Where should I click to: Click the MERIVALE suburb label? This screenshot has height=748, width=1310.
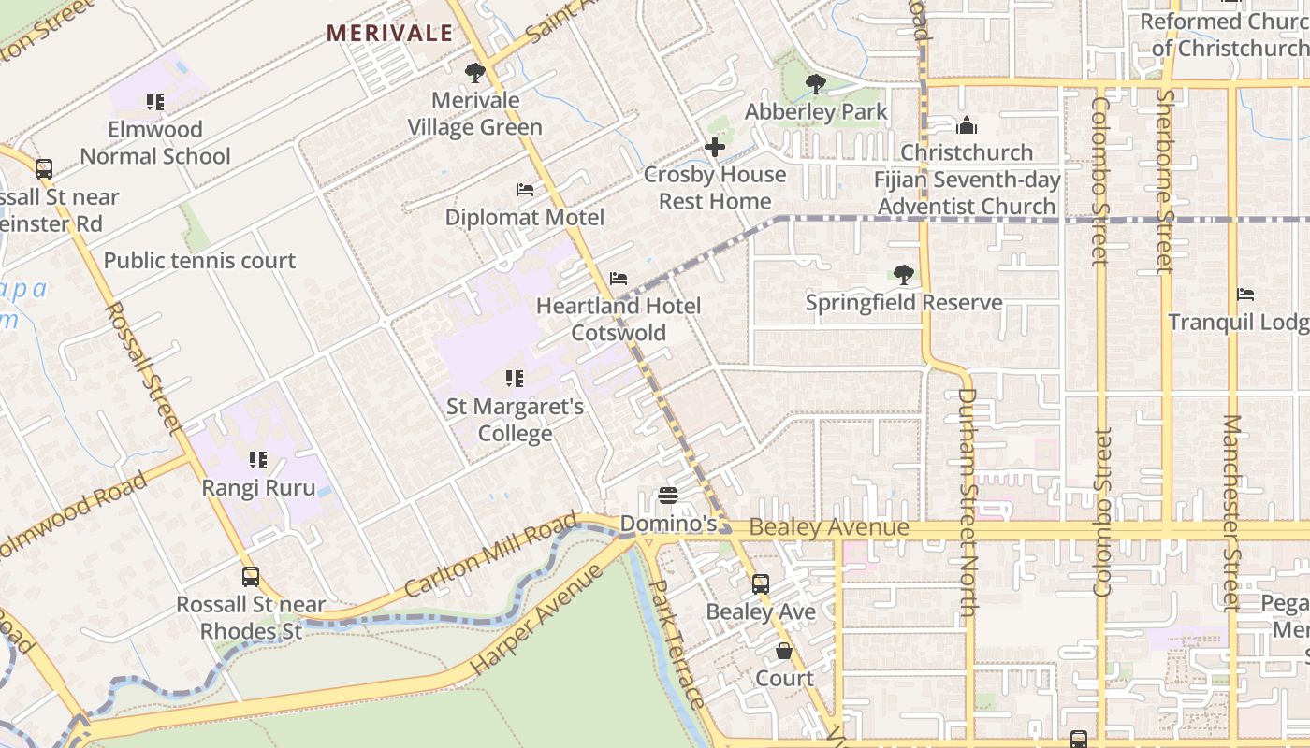click(x=389, y=34)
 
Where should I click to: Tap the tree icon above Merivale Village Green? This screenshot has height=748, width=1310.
click(x=474, y=72)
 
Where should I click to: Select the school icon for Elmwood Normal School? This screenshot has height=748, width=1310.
click(x=155, y=101)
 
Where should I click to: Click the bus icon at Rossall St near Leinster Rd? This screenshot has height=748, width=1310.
click(x=44, y=169)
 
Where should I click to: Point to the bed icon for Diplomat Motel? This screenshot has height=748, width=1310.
click(x=525, y=190)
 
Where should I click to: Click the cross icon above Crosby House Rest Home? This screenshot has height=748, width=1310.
click(x=715, y=147)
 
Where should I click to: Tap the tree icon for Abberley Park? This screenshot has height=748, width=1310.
click(x=816, y=84)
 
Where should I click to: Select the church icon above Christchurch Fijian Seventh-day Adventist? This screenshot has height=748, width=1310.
click(x=967, y=124)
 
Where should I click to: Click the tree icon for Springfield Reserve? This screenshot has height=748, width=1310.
click(x=903, y=275)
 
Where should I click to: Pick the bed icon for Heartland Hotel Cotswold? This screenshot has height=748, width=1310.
click(x=618, y=279)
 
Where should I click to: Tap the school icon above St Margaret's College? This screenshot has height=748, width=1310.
click(x=514, y=379)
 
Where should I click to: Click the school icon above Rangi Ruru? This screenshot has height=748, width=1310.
click(x=258, y=460)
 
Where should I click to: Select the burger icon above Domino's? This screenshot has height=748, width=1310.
click(x=668, y=496)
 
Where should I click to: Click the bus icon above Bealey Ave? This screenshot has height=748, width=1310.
click(x=761, y=584)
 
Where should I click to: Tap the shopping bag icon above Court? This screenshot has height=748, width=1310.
click(x=784, y=651)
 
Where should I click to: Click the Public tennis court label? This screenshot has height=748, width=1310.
click(x=199, y=261)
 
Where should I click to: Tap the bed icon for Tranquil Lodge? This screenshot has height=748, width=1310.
click(x=1244, y=295)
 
